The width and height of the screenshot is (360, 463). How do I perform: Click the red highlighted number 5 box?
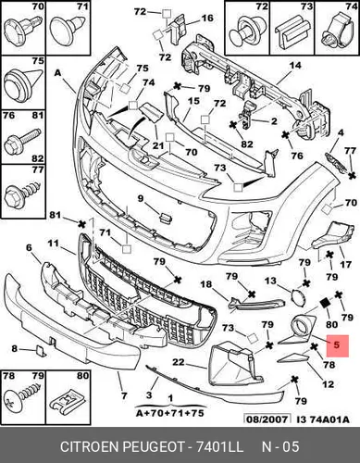click(337, 345)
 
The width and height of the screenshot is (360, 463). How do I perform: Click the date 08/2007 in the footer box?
click(267, 419)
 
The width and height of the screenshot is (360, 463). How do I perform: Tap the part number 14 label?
click(295, 66)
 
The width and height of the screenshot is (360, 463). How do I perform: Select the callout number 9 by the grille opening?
click(141, 199)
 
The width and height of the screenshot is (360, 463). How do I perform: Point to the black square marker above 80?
click(325, 304)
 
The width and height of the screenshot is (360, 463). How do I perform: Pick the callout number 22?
click(178, 362)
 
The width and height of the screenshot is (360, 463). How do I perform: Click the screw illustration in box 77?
click(21, 193)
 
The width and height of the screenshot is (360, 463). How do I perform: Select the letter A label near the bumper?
click(58, 73)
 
